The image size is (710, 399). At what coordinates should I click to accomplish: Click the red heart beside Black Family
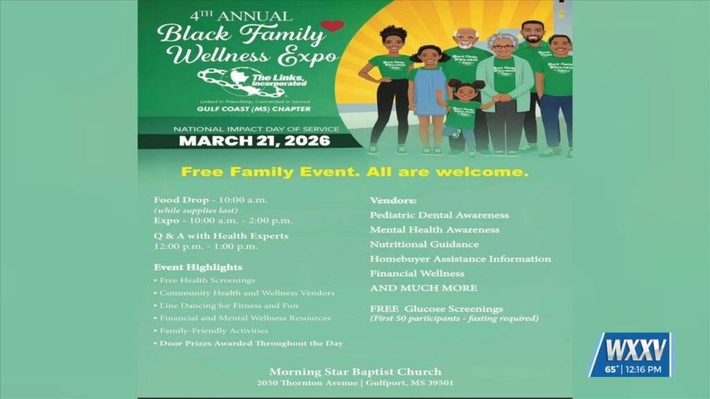pyautogui.click(x=332, y=26)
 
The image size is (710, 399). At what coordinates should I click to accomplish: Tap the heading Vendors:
pyautogui.click(x=393, y=200)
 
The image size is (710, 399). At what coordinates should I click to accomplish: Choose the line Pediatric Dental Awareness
pyautogui.click(x=439, y=215)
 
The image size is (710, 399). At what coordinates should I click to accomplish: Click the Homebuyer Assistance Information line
pyautogui.click(x=460, y=259)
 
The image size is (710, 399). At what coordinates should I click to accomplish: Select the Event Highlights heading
pyautogui.click(x=198, y=267)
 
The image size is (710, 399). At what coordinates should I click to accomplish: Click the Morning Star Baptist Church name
pyautogui.click(x=354, y=371)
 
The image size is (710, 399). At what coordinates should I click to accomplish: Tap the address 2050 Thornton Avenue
pyautogui.click(x=304, y=384)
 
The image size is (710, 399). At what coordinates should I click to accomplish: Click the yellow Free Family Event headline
pyautogui.click(x=354, y=170)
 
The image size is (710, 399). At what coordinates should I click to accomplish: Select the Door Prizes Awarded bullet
pyautogui.click(x=251, y=344)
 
